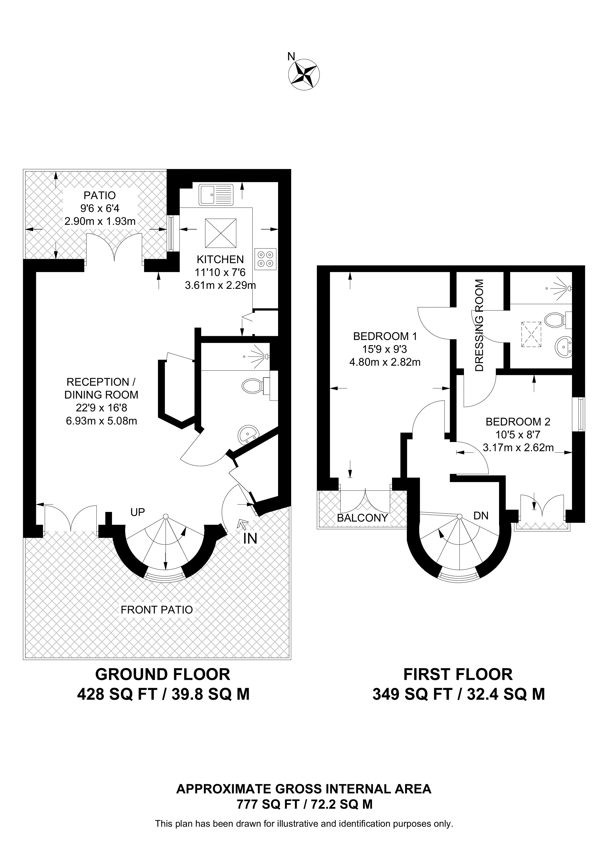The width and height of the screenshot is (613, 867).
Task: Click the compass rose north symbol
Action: pyautogui.click(x=304, y=74)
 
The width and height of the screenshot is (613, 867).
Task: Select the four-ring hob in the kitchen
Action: pyautogui.click(x=266, y=259)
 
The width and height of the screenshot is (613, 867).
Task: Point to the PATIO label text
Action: pyautogui.click(x=100, y=196)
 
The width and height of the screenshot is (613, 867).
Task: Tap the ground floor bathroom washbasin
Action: pyautogui.click(x=249, y=435)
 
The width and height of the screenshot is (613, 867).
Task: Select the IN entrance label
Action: pyautogui.click(x=250, y=538)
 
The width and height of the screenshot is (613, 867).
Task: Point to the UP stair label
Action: pyautogui.click(x=137, y=512)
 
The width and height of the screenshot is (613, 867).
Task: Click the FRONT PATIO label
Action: pyautogui.click(x=157, y=609)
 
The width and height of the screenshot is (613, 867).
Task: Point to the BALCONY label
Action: pyautogui.click(x=362, y=518)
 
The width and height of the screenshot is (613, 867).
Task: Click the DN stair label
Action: pyautogui.click(x=481, y=516)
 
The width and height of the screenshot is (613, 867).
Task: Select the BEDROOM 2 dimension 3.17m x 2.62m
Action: pyautogui.click(x=518, y=448)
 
